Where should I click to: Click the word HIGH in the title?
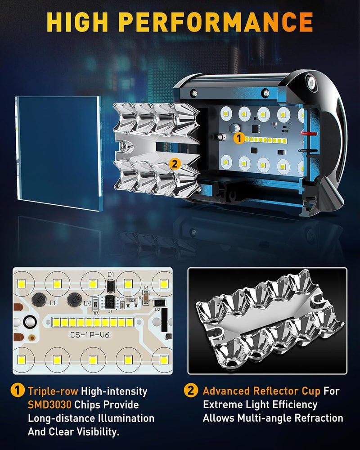pyautogui.click(x=76, y=22)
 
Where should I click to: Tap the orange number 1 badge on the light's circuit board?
pyautogui.click(x=239, y=138)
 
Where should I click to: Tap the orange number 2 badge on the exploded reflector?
pyautogui.click(x=175, y=164)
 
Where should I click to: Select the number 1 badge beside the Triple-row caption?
pyautogui.click(x=18, y=391)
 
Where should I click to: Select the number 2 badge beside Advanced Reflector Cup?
pyautogui.click(x=191, y=391)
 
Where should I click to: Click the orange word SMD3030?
pyautogui.click(x=49, y=405)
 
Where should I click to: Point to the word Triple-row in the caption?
pyautogui.click(x=53, y=391)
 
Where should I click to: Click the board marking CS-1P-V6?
pyautogui.click(x=90, y=335)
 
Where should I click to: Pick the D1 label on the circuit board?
pyautogui.click(x=111, y=274)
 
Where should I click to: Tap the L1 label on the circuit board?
pyautogui.click(x=54, y=303)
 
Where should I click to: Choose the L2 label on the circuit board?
pyautogui.click(x=87, y=303)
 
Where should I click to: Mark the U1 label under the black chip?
pyautogui.click(x=110, y=311)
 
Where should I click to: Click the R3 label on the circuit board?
pyautogui.click(x=96, y=314)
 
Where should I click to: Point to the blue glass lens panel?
pyautogui.click(x=58, y=153)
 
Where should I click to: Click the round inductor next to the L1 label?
pyautogui.click(x=38, y=300)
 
